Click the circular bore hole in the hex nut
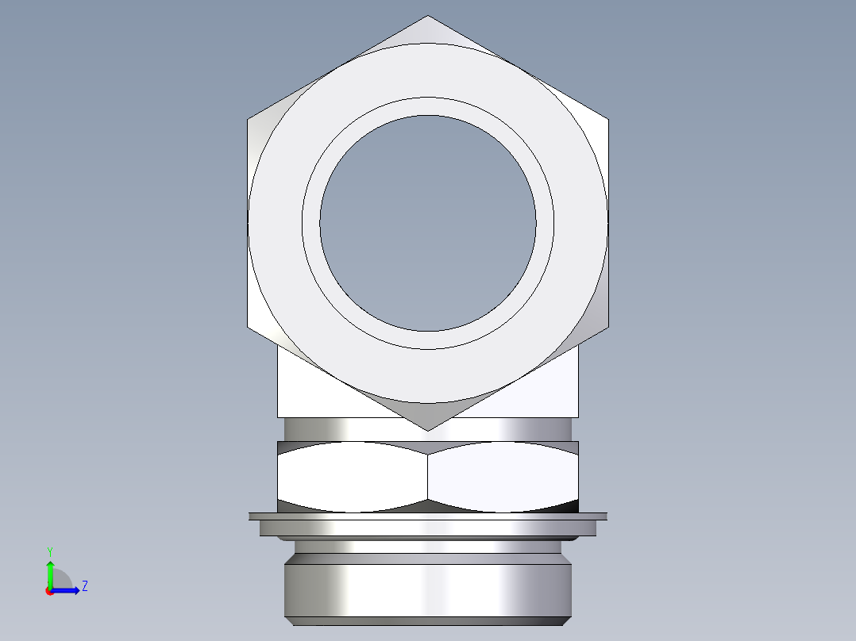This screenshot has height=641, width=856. pyautogui.click(x=427, y=223)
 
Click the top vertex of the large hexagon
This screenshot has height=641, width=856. pyautogui.click(x=428, y=16)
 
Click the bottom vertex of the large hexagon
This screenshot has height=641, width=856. pyautogui.click(x=428, y=431)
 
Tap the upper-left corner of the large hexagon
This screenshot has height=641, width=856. pyautogui.click(x=248, y=120)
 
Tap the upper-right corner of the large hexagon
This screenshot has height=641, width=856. pyautogui.click(x=608, y=120)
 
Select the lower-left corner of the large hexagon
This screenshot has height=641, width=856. pyautogui.click(x=248, y=327)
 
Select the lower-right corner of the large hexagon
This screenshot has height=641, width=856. pyautogui.click(x=608, y=327)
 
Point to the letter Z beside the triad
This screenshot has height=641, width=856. pyautogui.click(x=84, y=586)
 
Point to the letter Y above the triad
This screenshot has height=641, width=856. pyautogui.click(x=49, y=551)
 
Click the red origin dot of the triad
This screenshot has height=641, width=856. pyautogui.click(x=49, y=590)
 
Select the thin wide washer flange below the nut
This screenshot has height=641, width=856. pyautogui.click(x=428, y=516)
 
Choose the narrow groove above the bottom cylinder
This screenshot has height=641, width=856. pyautogui.click(x=428, y=547)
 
